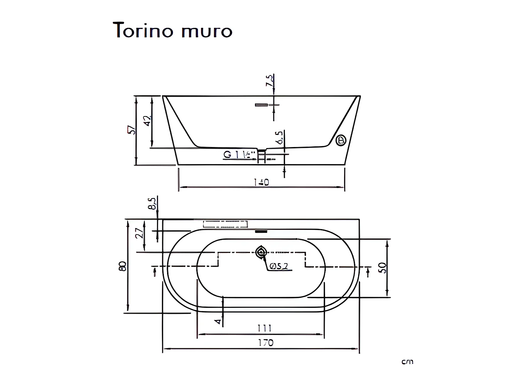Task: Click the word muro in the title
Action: tap(206, 32)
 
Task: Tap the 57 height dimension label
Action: tap(131, 130)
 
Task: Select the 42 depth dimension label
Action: tap(147, 121)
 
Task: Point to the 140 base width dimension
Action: tap(261, 182)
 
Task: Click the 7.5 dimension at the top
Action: tap(269, 81)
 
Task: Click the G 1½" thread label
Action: tap(239, 155)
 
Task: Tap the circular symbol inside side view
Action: tap(341, 140)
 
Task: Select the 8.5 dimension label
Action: tap(152, 204)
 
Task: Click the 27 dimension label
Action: tap(140, 233)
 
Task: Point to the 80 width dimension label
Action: tap(122, 266)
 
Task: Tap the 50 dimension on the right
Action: tap(382, 268)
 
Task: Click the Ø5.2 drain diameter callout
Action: tap(279, 266)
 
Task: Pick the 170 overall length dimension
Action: tap(265, 343)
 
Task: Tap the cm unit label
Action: tap(407, 362)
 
